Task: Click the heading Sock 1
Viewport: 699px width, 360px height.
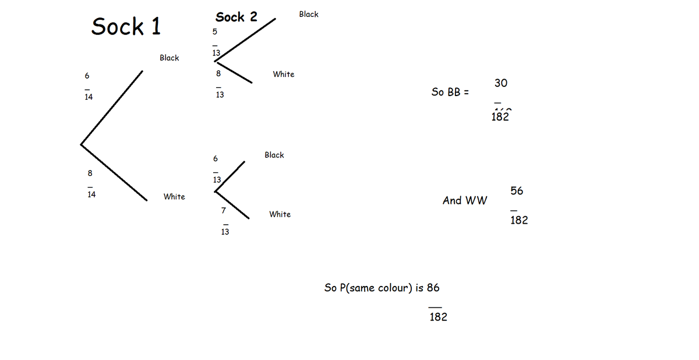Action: tap(126, 26)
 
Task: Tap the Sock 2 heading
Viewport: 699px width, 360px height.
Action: tap(236, 17)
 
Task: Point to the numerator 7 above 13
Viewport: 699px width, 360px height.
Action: tap(223, 209)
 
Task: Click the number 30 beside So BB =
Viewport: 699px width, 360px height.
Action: tap(501, 83)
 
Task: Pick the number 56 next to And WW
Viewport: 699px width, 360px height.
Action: tap(517, 190)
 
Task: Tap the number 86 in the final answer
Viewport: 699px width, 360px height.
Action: tap(433, 287)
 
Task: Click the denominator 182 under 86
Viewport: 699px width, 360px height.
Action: tap(438, 317)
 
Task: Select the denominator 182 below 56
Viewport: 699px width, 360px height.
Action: tap(519, 220)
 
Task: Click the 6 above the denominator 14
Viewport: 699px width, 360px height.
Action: tap(87, 76)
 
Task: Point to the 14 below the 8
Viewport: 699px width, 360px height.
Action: tap(91, 195)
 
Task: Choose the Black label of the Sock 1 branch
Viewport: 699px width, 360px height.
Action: tap(170, 58)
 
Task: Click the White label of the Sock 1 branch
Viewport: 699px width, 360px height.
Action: tap(174, 197)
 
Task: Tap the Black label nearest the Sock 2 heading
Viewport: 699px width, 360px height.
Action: tap(309, 14)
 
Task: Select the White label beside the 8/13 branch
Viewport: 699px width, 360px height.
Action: tap(284, 74)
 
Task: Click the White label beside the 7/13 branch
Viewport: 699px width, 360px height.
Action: tap(280, 214)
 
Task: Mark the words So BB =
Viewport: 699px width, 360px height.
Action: tap(450, 92)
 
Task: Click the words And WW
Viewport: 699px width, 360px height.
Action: tap(465, 200)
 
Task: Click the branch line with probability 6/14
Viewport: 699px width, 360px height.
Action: tap(112, 107)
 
